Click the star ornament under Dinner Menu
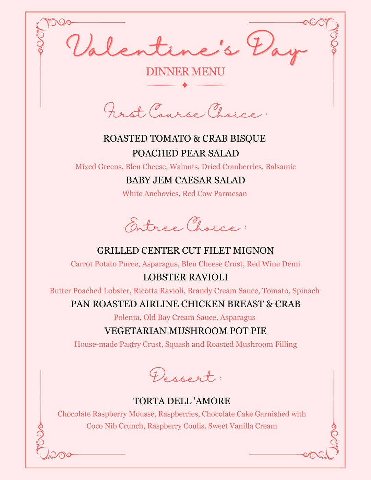point(185,85)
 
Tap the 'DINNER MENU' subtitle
point(185,72)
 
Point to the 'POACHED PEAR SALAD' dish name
point(185,153)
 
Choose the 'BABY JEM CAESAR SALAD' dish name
point(185,180)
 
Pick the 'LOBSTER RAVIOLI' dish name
point(185,277)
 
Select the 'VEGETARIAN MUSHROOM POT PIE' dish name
point(185,331)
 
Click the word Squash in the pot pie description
point(177,344)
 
